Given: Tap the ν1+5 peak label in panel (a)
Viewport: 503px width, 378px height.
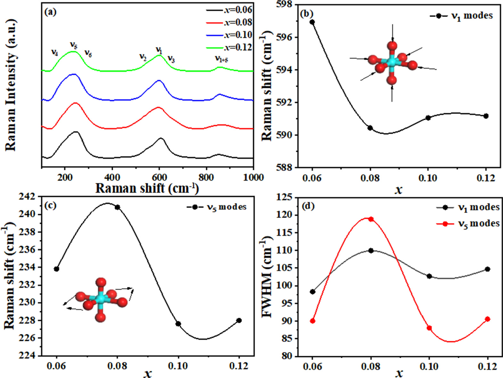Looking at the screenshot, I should point(221,59).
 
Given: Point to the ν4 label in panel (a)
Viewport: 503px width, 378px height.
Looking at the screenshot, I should point(55,52).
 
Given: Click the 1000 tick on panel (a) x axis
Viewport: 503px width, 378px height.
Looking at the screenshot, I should point(253,177).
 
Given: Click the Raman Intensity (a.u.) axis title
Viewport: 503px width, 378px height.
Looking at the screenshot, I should point(11,85).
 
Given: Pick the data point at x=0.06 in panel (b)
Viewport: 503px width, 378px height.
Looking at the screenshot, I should point(312,22).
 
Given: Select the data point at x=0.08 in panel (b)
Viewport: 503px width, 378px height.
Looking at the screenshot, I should point(370,128).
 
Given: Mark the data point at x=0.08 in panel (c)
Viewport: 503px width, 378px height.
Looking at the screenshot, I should point(117,207).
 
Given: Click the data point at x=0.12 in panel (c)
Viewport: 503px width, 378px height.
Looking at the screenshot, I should point(239,320).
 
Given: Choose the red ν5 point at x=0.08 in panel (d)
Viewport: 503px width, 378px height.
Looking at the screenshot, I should point(371,219).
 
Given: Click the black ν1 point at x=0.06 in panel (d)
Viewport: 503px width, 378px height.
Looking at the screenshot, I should point(313,292).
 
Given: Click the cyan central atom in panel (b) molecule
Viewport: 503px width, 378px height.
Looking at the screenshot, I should point(392,62).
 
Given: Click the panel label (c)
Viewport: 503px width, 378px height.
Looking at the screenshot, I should point(50,205).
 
